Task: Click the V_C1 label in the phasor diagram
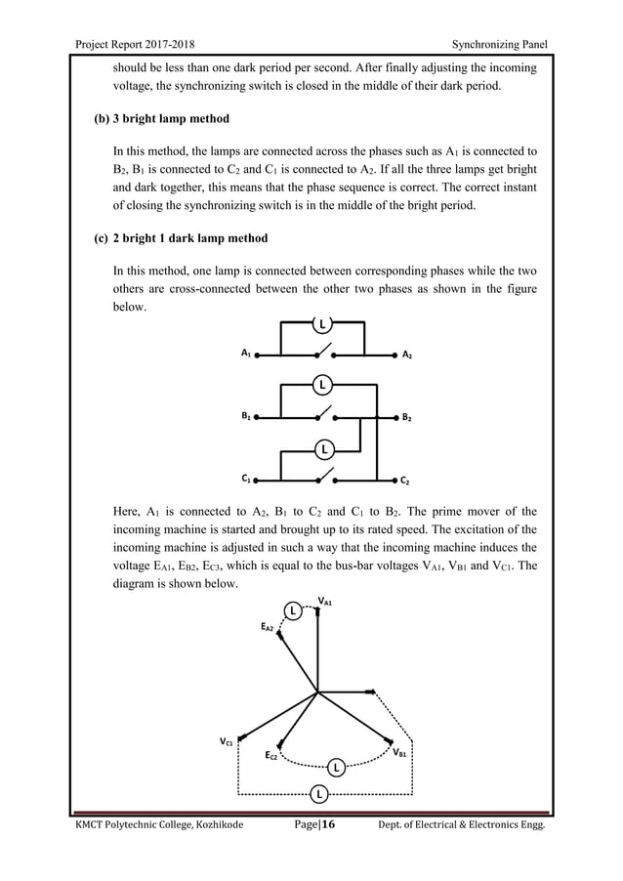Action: click(x=226, y=742)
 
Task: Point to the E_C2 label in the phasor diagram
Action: click(x=272, y=755)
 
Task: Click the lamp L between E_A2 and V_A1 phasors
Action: click(x=291, y=611)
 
